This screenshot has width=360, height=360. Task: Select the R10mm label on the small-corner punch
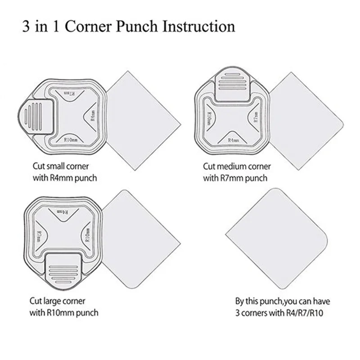[x=72, y=140]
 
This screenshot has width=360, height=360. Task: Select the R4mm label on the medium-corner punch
[x=233, y=141]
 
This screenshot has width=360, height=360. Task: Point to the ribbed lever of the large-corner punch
[x=63, y=270]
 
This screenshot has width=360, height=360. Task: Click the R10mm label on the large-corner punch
[x=87, y=234]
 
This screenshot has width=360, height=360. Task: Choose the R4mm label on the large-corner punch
[x=63, y=212]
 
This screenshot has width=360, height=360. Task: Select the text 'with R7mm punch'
[x=235, y=178]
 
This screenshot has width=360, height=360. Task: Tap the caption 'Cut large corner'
[x=57, y=300]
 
